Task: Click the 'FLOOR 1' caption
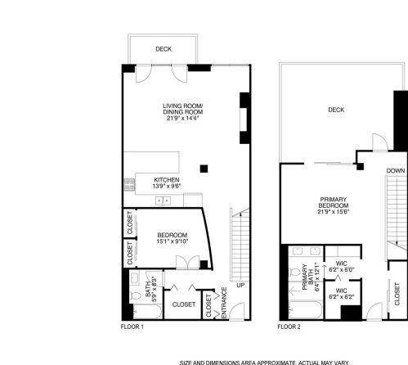132,327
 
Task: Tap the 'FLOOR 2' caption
289,327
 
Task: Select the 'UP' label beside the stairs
240,286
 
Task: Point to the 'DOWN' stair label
395,171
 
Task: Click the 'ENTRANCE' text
225,304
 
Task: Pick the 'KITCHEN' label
166,180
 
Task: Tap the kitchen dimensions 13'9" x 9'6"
166,187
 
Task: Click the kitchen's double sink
164,200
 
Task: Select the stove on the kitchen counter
128,183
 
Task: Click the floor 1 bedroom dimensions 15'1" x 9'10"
172,241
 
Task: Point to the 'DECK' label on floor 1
164,49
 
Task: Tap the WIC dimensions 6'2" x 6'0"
342,270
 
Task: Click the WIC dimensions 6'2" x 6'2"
342,296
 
